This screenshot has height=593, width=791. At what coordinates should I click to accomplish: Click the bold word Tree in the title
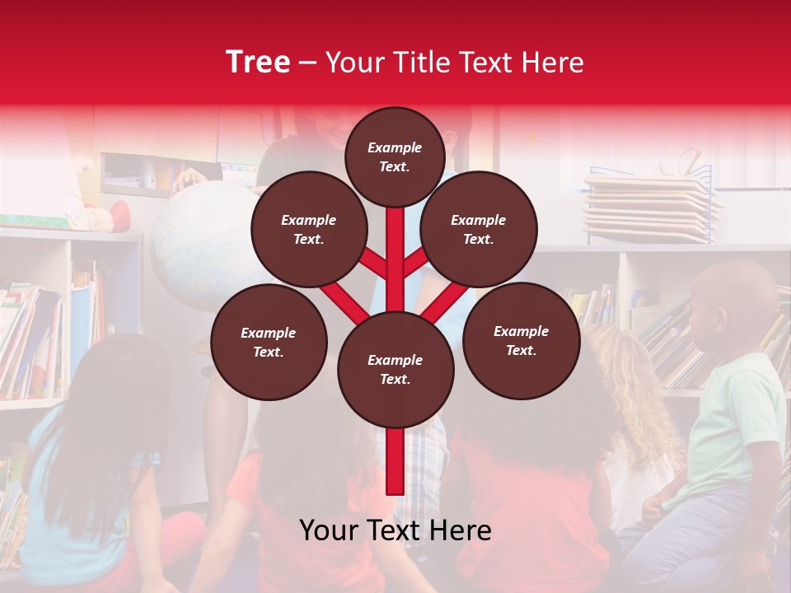[258, 63]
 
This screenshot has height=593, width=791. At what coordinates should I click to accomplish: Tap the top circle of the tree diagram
[395, 156]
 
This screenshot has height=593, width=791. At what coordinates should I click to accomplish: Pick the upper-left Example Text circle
[309, 229]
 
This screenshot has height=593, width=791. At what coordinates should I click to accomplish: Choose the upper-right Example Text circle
[479, 229]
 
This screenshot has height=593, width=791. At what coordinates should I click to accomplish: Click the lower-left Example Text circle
[269, 342]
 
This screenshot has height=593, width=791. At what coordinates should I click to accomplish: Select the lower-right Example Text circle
[521, 340]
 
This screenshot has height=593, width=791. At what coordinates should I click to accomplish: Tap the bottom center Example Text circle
[395, 369]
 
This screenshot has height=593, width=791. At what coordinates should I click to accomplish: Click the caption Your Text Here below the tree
[395, 530]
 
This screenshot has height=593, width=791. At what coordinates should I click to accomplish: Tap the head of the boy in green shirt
[733, 305]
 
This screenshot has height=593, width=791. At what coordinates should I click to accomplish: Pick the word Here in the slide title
[554, 63]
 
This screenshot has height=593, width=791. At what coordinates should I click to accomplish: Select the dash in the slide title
[308, 63]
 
